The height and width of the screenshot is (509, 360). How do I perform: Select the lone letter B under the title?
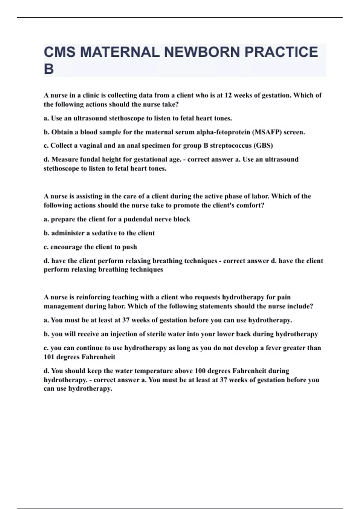[49, 69]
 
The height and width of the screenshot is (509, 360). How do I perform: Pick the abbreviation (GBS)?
[263, 146]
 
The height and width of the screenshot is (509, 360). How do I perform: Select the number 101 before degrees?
[49, 357]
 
